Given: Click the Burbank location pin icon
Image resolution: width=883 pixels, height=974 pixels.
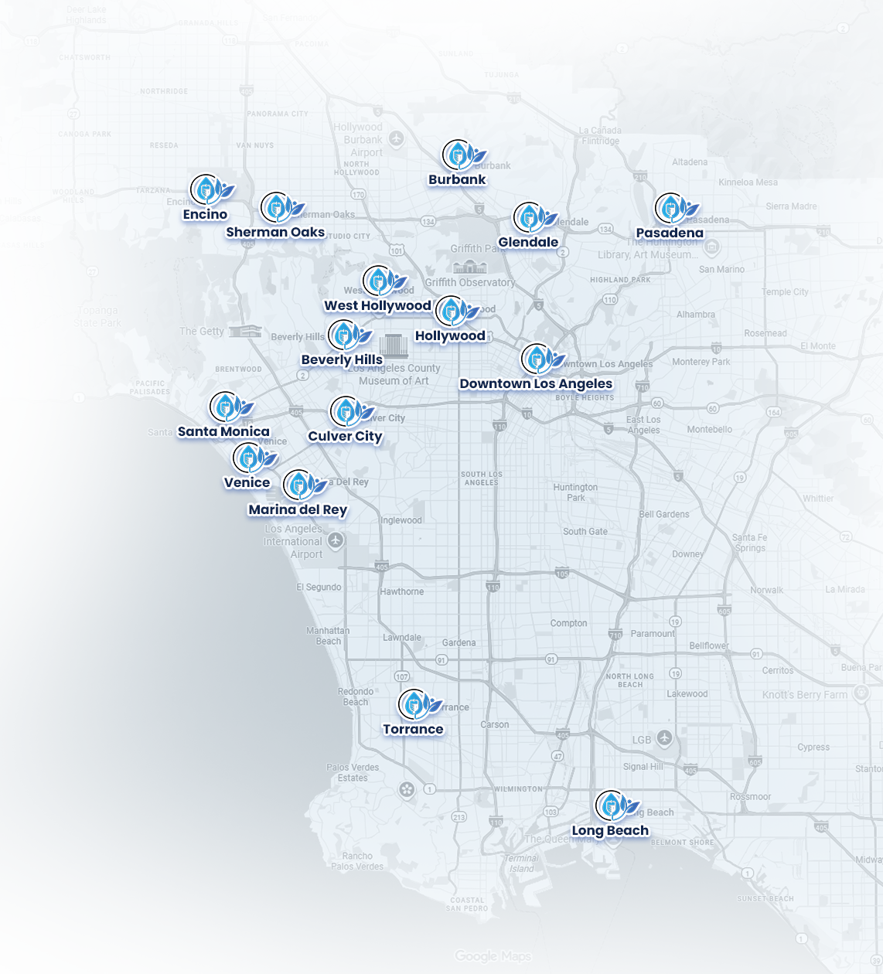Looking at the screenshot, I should tap(457, 155).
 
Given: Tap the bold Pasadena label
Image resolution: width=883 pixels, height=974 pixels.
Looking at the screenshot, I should tap(670, 233).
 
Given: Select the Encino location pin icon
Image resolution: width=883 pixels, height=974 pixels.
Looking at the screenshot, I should tap(206, 188).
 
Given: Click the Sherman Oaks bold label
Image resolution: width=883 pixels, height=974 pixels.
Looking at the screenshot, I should tap(275, 232).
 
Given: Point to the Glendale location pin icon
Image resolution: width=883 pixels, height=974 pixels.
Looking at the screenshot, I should tap(529, 218).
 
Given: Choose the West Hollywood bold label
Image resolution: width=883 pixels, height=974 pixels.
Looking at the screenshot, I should tap(377, 305).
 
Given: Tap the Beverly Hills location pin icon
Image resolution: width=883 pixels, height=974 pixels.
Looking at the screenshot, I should tap(343, 335).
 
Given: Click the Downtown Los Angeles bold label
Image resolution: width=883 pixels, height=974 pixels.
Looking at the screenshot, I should tap(536, 383).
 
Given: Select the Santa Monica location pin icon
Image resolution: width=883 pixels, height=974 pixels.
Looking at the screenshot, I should tap(224, 407).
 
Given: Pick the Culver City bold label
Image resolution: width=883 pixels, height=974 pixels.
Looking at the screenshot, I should tap(346, 436).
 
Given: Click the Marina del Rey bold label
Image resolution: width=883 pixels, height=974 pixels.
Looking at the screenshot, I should tap(298, 509).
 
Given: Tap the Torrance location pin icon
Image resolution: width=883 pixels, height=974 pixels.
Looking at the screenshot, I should tap(414, 704).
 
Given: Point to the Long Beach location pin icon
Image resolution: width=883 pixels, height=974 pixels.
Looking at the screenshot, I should tap(610, 805).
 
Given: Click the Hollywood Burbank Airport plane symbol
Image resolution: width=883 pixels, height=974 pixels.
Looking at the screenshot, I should tap(397, 138).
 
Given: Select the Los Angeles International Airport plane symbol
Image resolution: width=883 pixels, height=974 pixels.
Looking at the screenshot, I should tap(336, 540).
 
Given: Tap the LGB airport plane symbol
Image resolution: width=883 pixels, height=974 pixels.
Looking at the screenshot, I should tap(664, 738).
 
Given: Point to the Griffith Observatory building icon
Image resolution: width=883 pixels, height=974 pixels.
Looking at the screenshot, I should tap(469, 267).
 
